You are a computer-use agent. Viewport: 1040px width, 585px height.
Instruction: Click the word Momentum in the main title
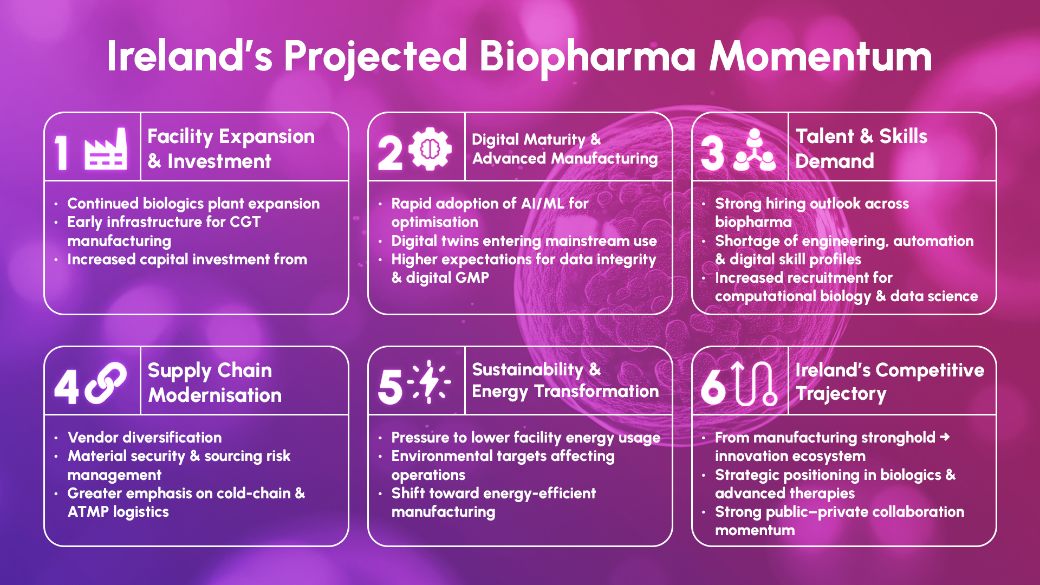click(821, 56)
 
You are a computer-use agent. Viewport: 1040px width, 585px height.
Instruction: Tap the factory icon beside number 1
click(106, 149)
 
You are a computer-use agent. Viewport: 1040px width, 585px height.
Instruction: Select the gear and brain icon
click(430, 148)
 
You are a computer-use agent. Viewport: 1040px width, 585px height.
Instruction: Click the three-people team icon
click(754, 150)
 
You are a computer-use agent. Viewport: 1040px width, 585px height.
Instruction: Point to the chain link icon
click(106, 383)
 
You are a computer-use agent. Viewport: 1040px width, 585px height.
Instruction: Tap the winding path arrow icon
click(754, 383)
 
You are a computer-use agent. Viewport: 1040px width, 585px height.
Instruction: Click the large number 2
click(390, 153)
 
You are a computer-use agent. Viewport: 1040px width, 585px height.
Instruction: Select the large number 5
click(390, 387)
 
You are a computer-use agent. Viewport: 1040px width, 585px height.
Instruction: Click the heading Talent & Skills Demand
click(861, 148)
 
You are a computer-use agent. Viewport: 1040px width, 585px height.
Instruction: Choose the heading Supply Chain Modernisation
click(214, 382)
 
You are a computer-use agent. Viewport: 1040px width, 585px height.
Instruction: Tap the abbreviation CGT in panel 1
click(245, 222)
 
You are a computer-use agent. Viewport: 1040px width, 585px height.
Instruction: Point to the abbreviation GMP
click(472, 278)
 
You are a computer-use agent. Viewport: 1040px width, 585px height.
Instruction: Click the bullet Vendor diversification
click(145, 438)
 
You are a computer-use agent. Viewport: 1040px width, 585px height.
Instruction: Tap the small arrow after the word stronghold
click(945, 437)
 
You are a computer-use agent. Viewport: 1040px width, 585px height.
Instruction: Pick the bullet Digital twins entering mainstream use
click(524, 241)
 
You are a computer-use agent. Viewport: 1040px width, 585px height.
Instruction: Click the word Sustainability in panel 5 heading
click(528, 369)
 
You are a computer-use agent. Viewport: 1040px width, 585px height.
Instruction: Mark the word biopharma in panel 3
click(753, 222)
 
